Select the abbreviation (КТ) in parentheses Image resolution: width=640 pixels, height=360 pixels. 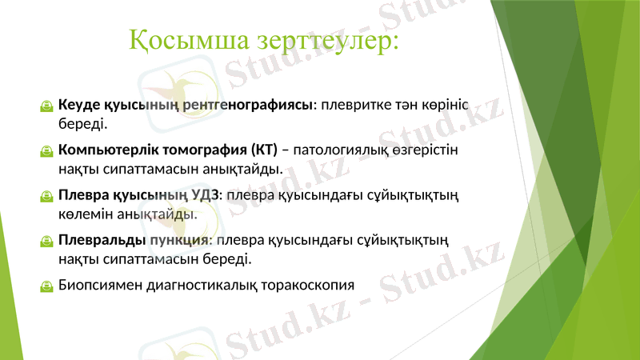click(263, 150)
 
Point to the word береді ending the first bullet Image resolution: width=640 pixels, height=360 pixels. click(81, 124)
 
